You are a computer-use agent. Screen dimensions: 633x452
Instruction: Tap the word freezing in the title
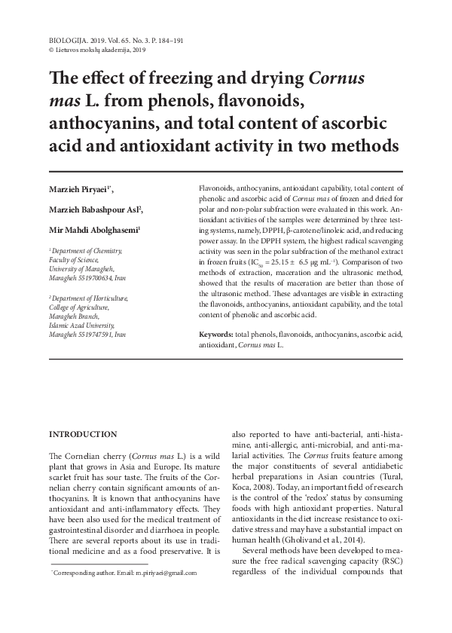[183, 79]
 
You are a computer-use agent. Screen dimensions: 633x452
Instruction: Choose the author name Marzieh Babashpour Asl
[94, 209]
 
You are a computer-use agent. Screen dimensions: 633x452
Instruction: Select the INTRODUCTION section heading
[83, 435]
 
